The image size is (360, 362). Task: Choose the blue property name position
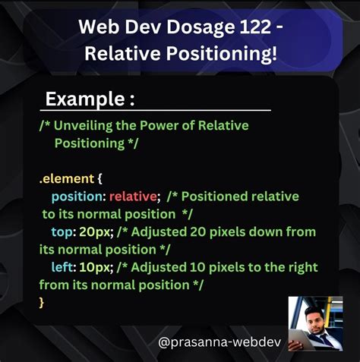(78, 197)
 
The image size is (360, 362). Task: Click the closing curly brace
(42, 302)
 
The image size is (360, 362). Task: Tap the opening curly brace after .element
(100, 179)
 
